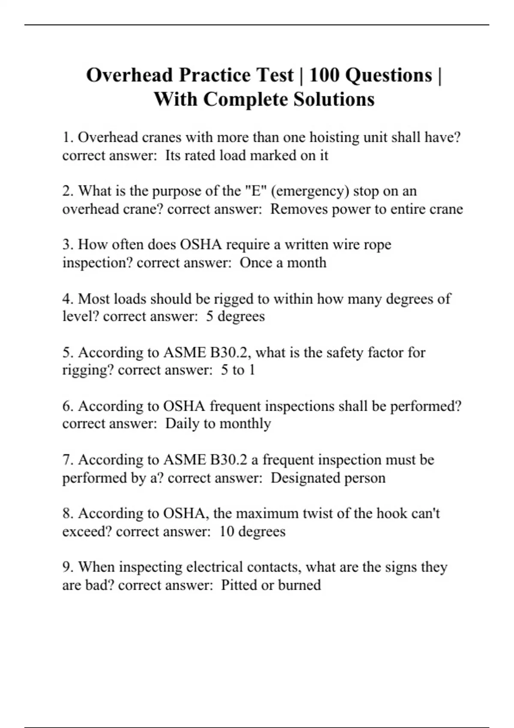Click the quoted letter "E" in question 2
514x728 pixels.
(256, 191)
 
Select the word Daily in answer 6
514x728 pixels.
(182, 424)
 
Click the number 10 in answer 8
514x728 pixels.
(226, 531)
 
